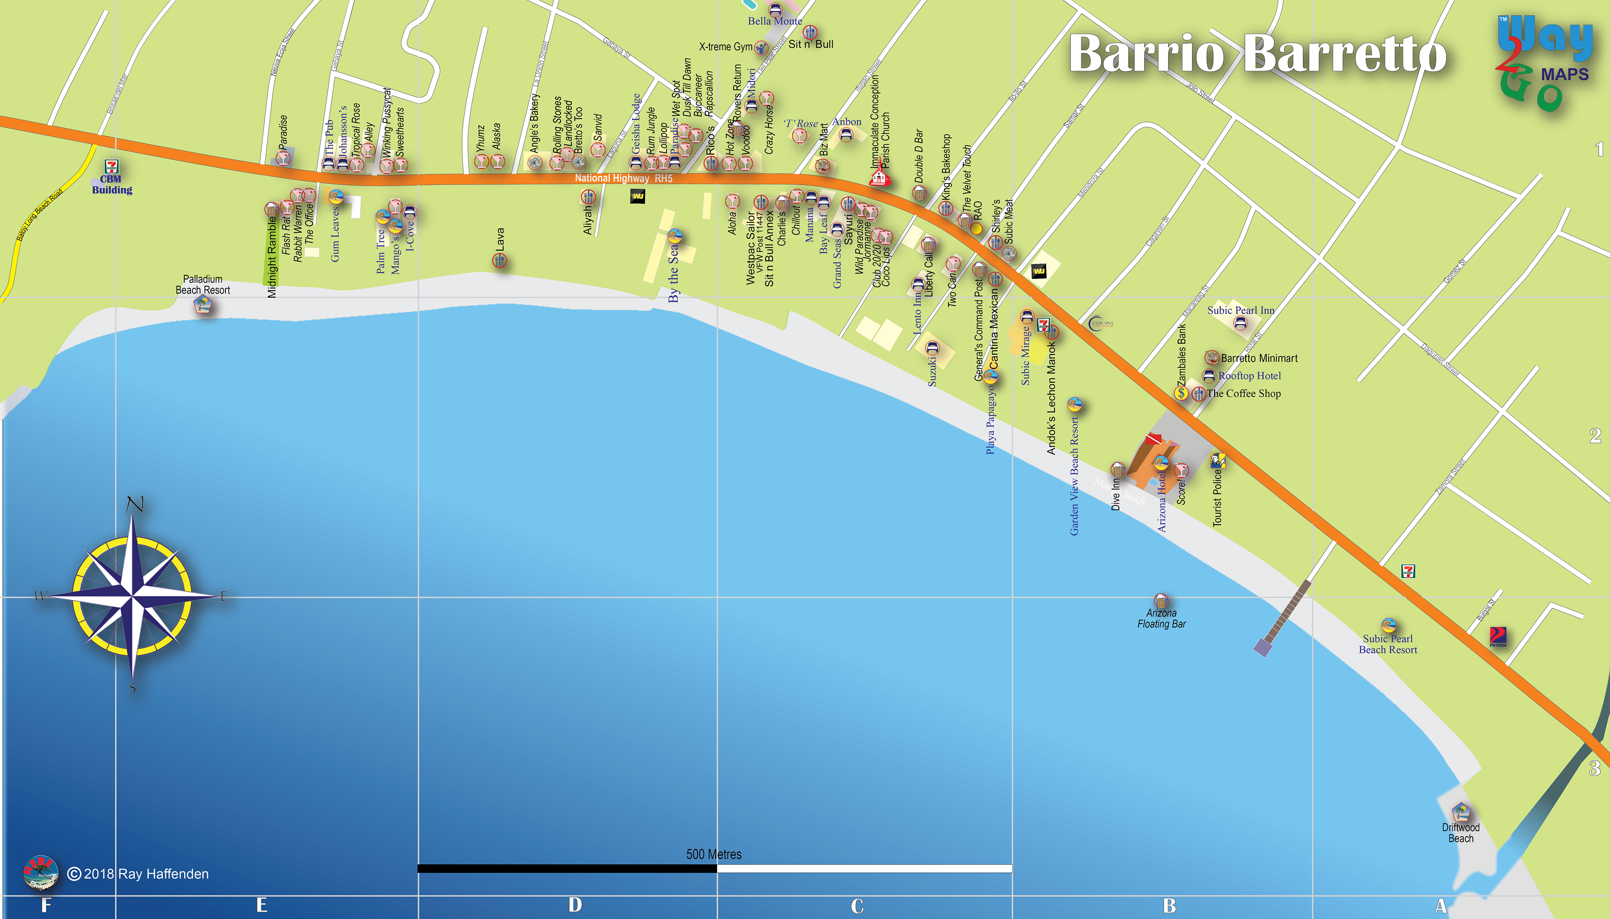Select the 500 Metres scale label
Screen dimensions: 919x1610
click(714, 854)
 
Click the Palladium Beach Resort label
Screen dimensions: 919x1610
click(203, 285)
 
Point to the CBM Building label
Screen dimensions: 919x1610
click(112, 184)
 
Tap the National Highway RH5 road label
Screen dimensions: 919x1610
click(623, 179)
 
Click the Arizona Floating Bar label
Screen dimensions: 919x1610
click(1161, 619)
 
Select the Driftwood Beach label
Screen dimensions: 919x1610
click(1460, 833)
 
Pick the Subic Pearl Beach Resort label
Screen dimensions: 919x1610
click(1388, 644)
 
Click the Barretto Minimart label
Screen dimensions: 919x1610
click(1259, 358)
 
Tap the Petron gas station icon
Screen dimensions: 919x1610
click(1498, 636)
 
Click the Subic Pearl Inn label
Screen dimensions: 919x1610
click(1241, 310)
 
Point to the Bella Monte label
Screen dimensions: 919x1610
click(775, 21)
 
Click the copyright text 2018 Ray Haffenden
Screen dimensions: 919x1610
click(145, 874)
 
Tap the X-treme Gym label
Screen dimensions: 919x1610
click(725, 47)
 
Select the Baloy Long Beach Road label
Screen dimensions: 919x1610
click(39, 215)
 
